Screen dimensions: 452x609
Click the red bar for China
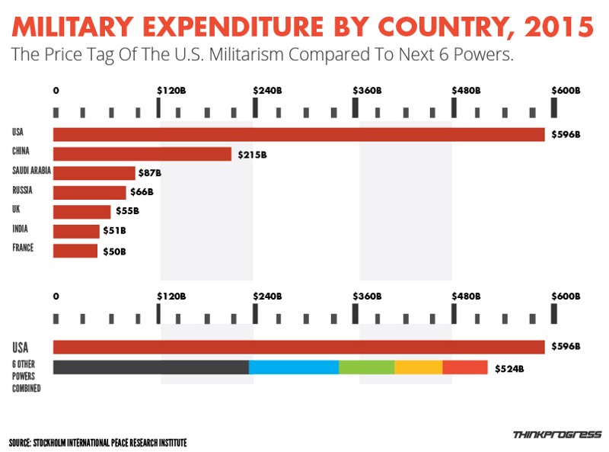142,154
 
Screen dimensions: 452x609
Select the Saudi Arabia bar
94,173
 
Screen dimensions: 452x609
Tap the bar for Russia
90,192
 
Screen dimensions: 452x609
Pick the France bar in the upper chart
75,251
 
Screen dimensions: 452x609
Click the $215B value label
252,155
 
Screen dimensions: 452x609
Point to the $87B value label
150,174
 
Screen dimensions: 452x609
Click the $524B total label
509,369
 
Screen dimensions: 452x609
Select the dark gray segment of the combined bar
151,367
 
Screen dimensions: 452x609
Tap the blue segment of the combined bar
294,367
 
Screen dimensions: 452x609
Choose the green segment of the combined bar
366,367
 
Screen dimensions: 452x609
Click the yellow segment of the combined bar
418,367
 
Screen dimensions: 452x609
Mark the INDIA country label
21,229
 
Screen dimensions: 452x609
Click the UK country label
16,210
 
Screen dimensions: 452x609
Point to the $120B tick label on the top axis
171,90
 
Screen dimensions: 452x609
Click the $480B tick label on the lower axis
467,296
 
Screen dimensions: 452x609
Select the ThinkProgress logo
556,435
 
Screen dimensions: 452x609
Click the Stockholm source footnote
97,443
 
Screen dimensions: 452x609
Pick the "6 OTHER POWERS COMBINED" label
27,377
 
